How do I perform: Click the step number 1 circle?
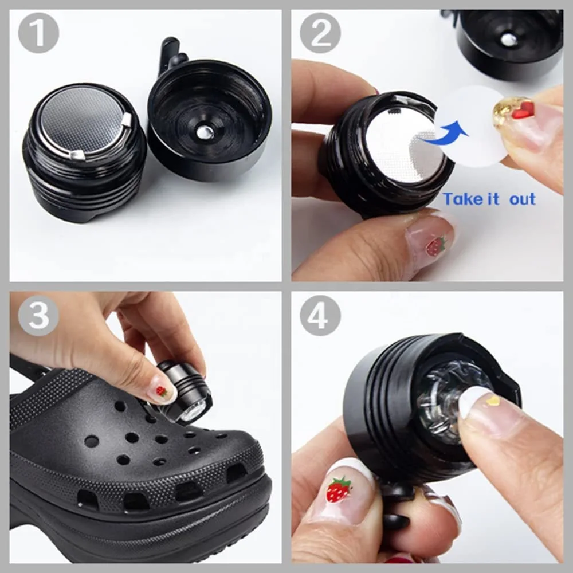click(x=38, y=33)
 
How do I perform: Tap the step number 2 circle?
click(x=320, y=33)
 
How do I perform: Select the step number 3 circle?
click(x=38, y=315)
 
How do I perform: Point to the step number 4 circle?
click(x=320, y=315)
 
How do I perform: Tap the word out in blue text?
click(x=521, y=199)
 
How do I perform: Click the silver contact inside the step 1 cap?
click(x=205, y=132)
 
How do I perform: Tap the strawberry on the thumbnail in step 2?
click(x=435, y=246)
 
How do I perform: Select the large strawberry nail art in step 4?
click(x=339, y=490)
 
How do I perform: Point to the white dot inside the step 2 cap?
click(x=508, y=39)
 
